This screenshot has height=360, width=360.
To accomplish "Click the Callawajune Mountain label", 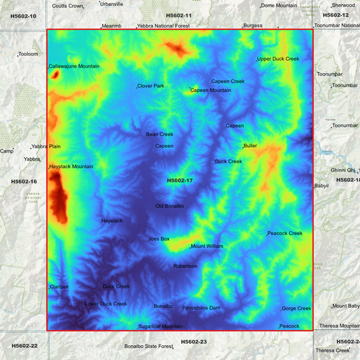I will pos(74,66).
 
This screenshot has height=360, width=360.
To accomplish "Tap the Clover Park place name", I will pos(151,86).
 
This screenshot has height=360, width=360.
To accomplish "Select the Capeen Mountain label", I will pos(211,90).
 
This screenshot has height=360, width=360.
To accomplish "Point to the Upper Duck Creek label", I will pos(278,59).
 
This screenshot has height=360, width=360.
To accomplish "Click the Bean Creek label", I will pos(160,134).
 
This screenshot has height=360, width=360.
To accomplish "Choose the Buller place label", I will pos(251,145).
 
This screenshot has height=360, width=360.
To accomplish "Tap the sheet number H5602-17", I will pos(180,180).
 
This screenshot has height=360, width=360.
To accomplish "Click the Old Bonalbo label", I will pos(170,206).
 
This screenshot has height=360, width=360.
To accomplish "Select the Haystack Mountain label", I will pos(72,166).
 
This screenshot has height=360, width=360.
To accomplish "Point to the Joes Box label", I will pos(159,238).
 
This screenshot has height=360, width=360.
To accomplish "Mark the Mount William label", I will pos(207,247).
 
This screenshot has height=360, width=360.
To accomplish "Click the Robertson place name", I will pos(185,266).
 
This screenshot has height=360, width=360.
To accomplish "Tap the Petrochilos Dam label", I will pos(201,308).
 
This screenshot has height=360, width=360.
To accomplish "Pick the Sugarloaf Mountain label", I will pos(161,326).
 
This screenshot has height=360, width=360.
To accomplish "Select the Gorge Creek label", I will pos(297,309).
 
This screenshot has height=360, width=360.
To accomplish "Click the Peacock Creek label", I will pos(285,233).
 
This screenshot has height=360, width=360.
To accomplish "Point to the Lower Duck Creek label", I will pos(106,304).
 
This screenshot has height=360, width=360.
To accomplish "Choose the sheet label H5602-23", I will pos(194,342).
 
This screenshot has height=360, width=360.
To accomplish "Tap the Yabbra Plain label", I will pos(47,146).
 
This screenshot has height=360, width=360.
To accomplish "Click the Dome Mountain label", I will pos(279,5).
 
